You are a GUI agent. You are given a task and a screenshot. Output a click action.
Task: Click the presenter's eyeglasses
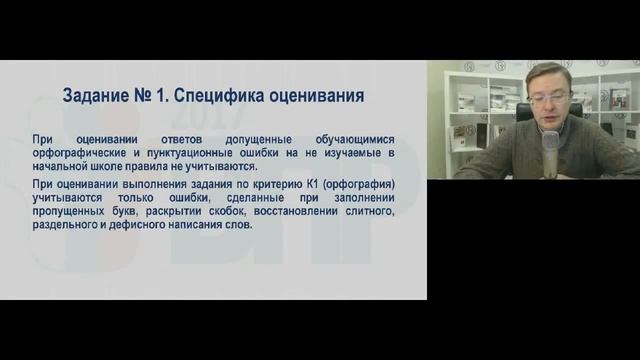(549, 98)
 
